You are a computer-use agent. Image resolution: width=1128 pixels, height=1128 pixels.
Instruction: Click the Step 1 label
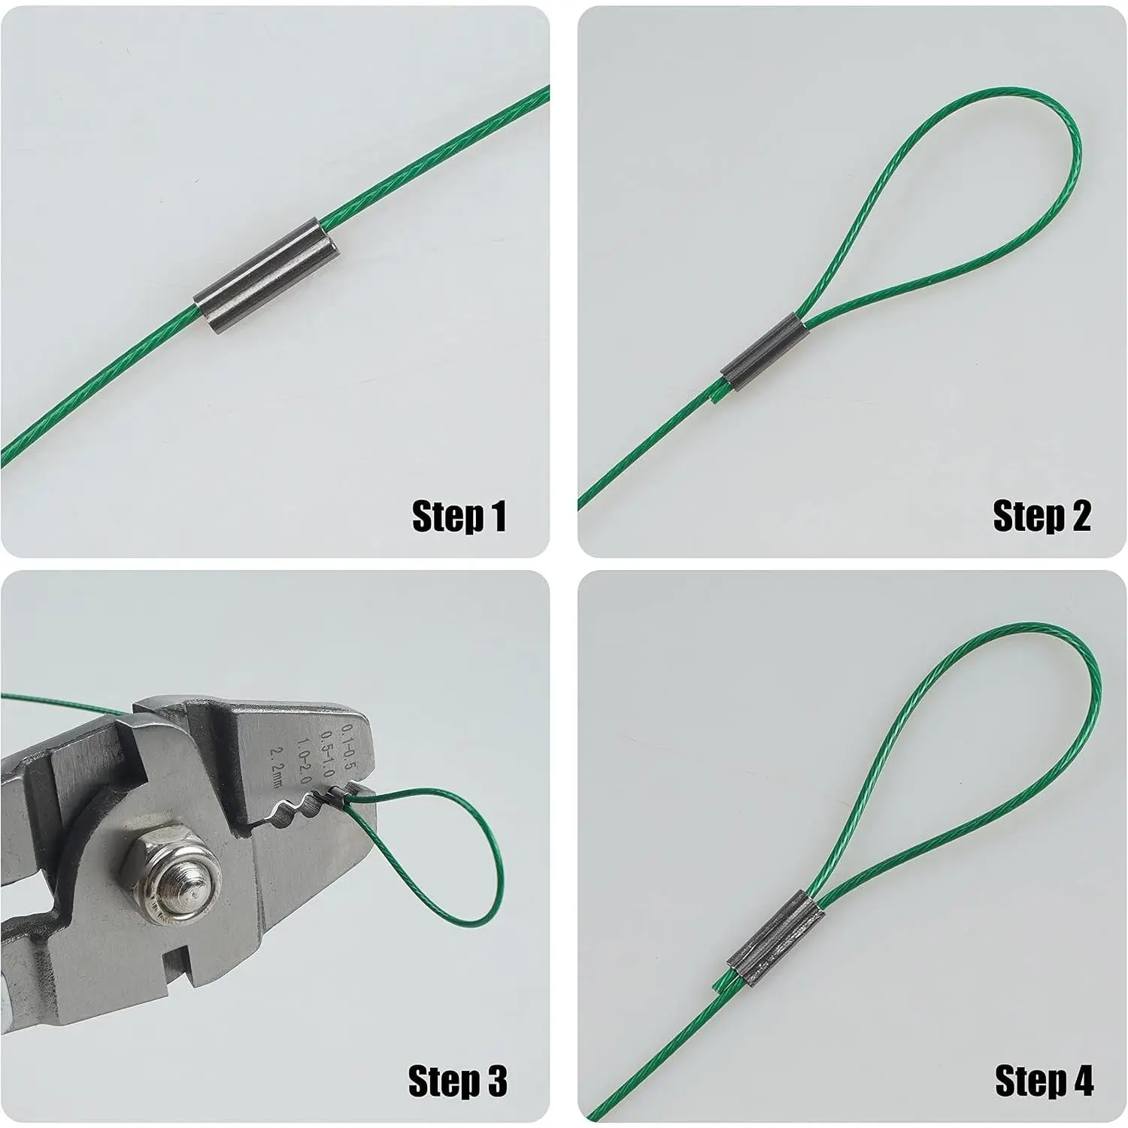pos(459,517)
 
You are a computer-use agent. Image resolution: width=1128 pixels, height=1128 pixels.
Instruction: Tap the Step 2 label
pos(1042,517)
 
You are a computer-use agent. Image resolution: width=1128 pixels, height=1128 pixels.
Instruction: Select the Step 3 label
pos(458,1081)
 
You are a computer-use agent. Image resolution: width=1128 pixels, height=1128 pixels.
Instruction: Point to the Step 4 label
pos(1045,1081)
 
